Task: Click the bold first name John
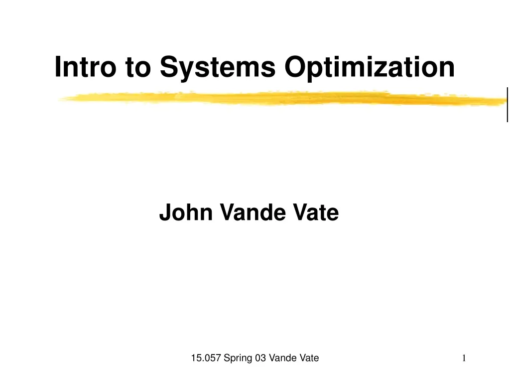click(186, 213)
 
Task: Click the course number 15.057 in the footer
click(206, 358)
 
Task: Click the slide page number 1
click(464, 358)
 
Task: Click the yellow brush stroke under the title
click(279, 99)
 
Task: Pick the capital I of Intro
click(58, 67)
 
